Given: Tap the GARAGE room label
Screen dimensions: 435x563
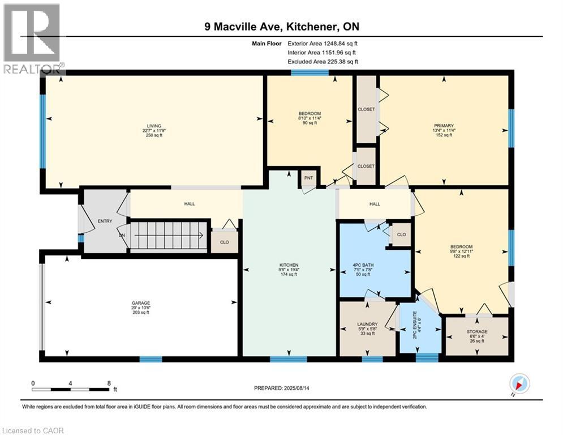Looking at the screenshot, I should click(141, 303).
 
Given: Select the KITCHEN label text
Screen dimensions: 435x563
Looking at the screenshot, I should click(289, 265).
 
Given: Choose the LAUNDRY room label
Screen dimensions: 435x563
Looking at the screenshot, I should click(367, 325).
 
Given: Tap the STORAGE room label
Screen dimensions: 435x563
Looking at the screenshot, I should click(477, 332).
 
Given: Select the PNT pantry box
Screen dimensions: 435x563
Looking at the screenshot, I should click(308, 177).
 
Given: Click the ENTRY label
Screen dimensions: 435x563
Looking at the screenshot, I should click(105, 221).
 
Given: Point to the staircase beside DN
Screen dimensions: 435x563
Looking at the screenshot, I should click(167, 234).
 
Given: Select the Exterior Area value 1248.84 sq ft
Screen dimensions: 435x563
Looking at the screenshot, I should click(337, 43).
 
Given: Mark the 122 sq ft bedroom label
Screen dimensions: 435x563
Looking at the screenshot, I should click(461, 251).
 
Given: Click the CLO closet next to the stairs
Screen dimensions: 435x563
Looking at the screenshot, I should click(224, 242).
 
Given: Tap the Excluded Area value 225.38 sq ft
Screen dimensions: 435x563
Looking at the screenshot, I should click(338, 62).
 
